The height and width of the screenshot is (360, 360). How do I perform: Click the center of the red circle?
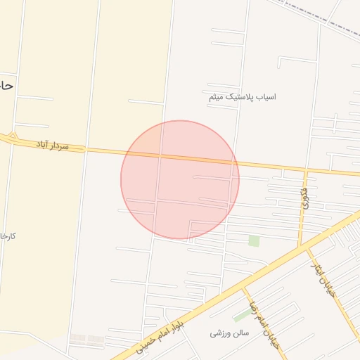(180, 179)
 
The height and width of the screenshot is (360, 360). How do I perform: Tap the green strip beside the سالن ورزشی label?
(243, 316)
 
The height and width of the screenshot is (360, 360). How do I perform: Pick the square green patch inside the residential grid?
(254, 241)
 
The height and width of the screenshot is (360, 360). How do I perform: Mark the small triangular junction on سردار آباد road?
(13, 136)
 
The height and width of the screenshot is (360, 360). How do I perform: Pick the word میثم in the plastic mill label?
(216, 98)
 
